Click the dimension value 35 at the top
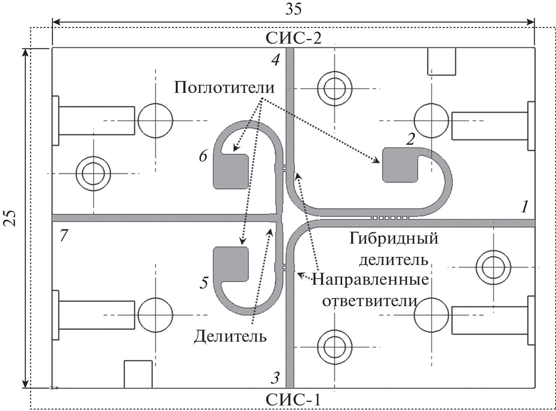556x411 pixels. [293, 9]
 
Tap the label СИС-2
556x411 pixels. [293, 38]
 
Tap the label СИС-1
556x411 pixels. [293, 400]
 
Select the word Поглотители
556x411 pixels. [224, 88]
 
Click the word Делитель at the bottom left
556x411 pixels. [230, 336]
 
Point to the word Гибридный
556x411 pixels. [393, 238]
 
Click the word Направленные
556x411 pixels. [370, 280]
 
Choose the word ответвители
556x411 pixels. [369, 301]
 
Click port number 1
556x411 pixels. [525, 207]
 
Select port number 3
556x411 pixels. [275, 377]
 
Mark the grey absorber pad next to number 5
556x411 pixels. [231, 263]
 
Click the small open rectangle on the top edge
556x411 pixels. [442, 62]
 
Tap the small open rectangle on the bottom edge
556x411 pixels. [138, 374]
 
